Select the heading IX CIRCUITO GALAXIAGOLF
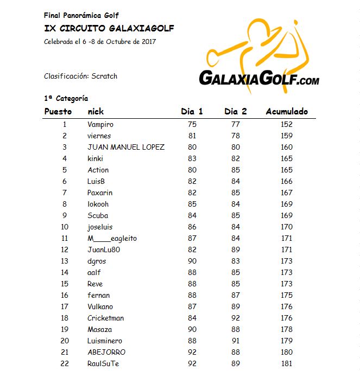point(109,28)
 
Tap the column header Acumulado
point(287,112)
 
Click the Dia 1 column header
point(192,112)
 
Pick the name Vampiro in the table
point(100,124)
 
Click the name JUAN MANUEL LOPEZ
point(126,147)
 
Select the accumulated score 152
point(287,124)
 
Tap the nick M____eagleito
point(112,238)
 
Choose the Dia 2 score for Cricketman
point(236,318)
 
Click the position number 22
point(65,363)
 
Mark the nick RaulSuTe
point(103,363)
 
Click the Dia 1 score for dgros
point(192,261)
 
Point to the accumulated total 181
point(287,363)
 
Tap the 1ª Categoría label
point(66,99)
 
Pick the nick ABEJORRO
point(106,352)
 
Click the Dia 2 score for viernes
point(236,136)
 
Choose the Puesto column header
point(58,112)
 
